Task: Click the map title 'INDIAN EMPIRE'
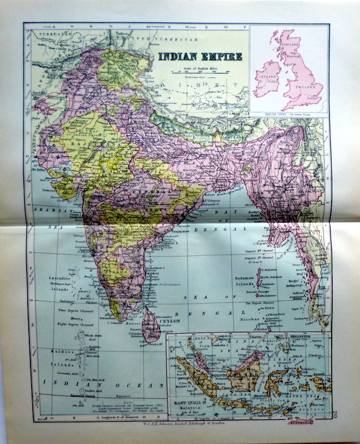[200, 56]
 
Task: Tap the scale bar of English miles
[200, 72]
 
